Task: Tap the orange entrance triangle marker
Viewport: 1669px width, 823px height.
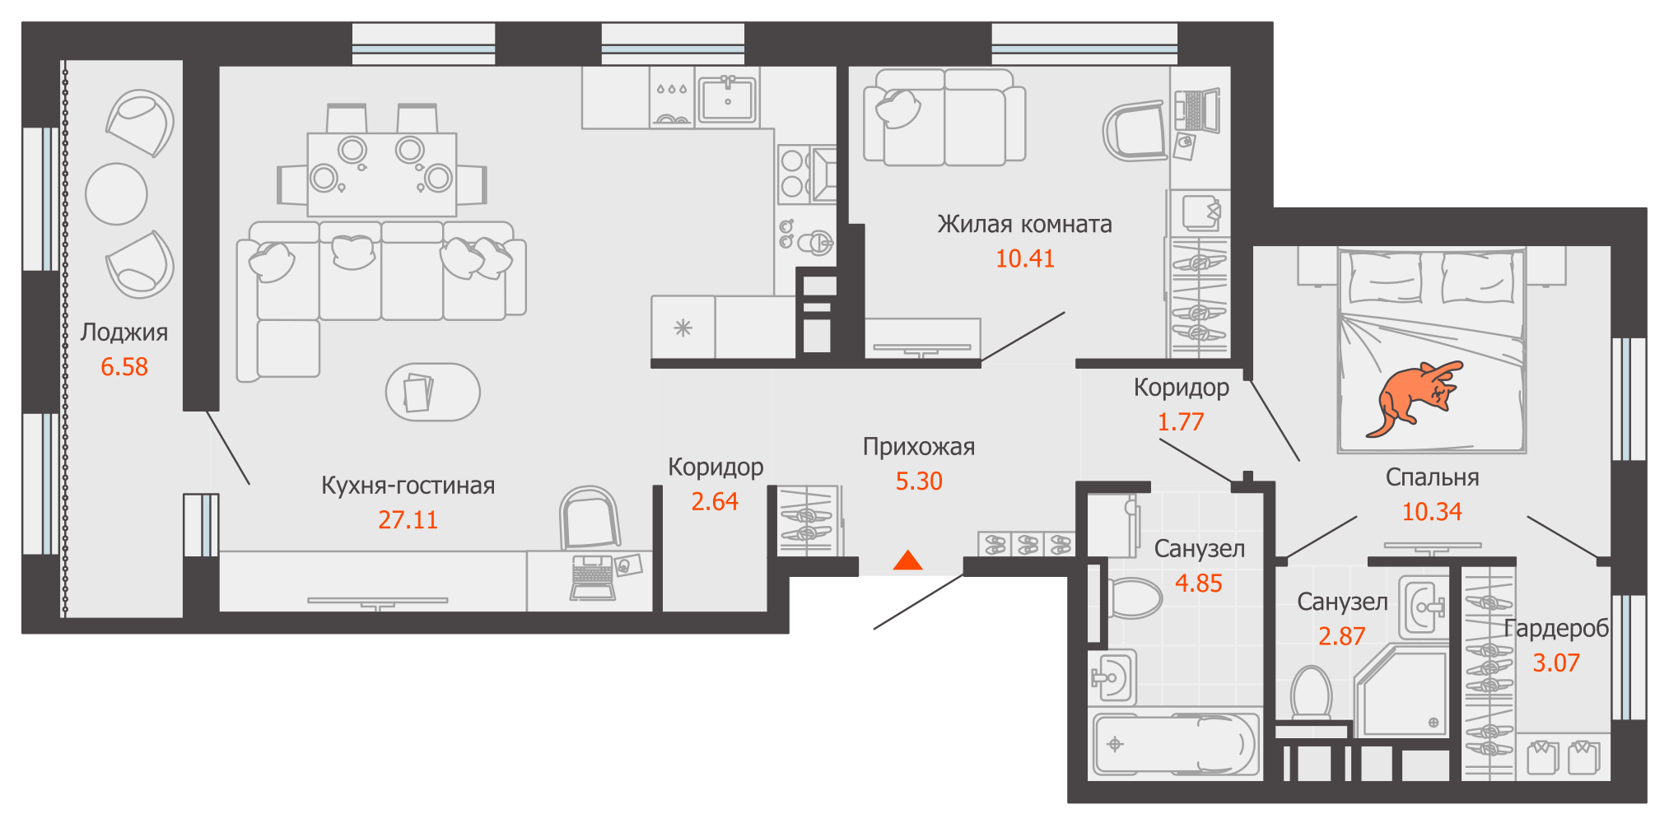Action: [907, 561]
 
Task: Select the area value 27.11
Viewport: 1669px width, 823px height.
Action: [408, 520]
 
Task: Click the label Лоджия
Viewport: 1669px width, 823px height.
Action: [124, 332]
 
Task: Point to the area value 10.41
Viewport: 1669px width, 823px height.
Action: [1024, 258]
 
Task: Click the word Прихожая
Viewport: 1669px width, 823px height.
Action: [918, 447]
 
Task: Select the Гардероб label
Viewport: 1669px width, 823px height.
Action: [1555, 629]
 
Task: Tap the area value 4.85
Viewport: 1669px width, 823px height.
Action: [1198, 584]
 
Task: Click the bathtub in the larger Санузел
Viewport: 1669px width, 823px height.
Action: [1175, 745]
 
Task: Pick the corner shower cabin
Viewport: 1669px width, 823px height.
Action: [1403, 691]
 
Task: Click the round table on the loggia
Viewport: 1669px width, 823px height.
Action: [116, 194]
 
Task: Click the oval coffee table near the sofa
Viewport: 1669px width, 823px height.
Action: [433, 392]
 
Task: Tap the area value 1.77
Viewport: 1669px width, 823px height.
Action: [1180, 422]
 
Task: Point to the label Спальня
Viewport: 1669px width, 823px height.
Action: [1432, 477]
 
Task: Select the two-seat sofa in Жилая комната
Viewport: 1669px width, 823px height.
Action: [944, 118]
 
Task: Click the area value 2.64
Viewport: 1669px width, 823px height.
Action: [714, 502]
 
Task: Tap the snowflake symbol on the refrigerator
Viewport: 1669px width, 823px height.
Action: [683, 328]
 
